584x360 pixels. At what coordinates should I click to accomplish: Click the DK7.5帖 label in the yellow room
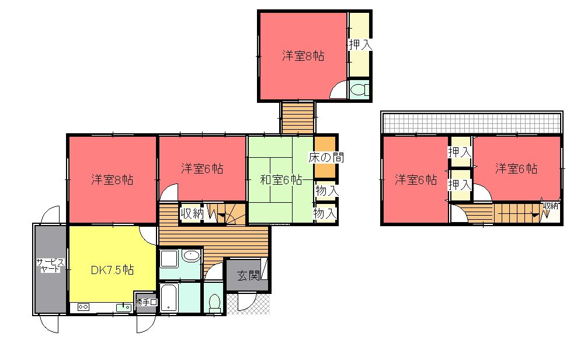pos(112,270)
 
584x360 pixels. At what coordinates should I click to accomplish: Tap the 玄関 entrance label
pos(248,276)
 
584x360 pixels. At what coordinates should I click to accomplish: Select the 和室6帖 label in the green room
pos(281,180)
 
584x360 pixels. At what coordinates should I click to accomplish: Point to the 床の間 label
pos(326,157)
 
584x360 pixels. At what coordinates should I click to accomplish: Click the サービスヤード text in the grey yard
pos(50,266)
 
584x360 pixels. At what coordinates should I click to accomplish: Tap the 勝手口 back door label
pos(146,302)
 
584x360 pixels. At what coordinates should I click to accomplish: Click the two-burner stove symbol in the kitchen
pos(83,307)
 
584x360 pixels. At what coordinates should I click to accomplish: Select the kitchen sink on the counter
pos(124,307)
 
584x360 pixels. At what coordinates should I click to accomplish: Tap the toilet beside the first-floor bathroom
pos(214,303)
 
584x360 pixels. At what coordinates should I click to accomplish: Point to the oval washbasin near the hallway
pos(192,256)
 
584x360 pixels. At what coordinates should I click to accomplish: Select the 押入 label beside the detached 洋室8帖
pos(360,45)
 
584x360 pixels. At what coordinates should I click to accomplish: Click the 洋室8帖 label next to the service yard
pos(112,180)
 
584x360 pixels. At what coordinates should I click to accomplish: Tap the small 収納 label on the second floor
pos(551,205)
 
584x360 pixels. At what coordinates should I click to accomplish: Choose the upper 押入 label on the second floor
pos(460,152)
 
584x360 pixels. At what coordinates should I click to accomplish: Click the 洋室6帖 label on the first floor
pos(202,168)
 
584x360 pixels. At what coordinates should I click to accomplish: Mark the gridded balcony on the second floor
pos(471,123)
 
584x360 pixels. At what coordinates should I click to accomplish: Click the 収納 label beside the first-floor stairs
pos(192,213)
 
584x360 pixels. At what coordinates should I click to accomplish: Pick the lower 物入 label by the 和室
pos(325,213)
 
